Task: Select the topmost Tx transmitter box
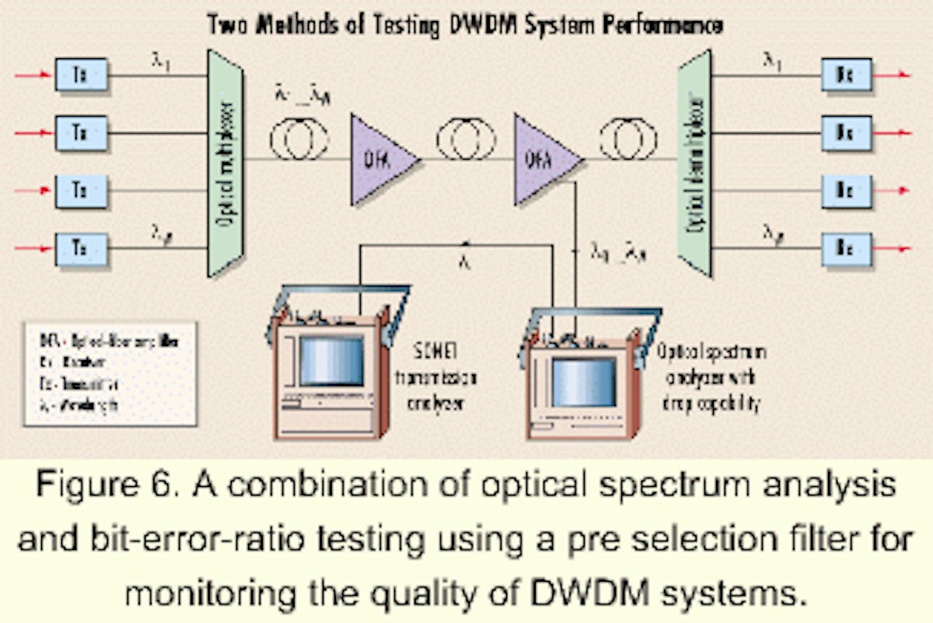81,75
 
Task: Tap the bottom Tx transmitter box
81,250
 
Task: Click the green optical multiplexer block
224,163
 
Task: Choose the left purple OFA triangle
380,160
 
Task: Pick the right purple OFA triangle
543,160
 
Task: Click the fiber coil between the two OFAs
466,142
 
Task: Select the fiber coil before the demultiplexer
628,142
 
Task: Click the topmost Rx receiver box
846,75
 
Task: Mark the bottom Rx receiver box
846,250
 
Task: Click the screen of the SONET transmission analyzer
331,360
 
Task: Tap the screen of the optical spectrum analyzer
583,382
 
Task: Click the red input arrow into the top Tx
33,75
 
